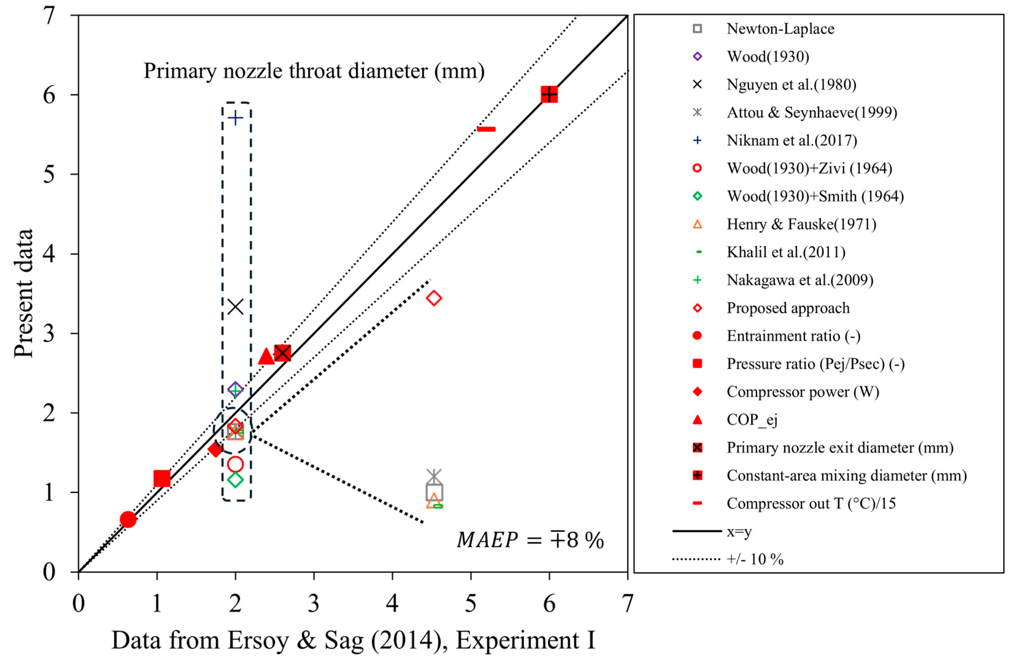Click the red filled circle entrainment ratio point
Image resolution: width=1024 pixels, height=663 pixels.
tap(128, 520)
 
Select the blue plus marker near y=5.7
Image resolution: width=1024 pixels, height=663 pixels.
tap(235, 118)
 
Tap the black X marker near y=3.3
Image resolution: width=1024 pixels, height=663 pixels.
tap(235, 307)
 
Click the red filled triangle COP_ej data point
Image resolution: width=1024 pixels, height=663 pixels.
tap(266, 357)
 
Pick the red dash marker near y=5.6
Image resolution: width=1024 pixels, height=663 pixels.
tap(486, 129)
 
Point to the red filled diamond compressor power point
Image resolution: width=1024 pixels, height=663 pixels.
tap(215, 449)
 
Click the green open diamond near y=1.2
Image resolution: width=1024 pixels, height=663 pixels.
tap(235, 480)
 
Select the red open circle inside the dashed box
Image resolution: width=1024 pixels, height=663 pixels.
tap(235, 464)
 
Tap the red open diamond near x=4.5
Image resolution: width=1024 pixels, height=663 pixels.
tap(434, 298)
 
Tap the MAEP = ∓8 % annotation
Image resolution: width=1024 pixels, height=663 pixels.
tap(530, 540)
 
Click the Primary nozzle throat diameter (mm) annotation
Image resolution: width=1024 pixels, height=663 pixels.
tap(314, 71)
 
